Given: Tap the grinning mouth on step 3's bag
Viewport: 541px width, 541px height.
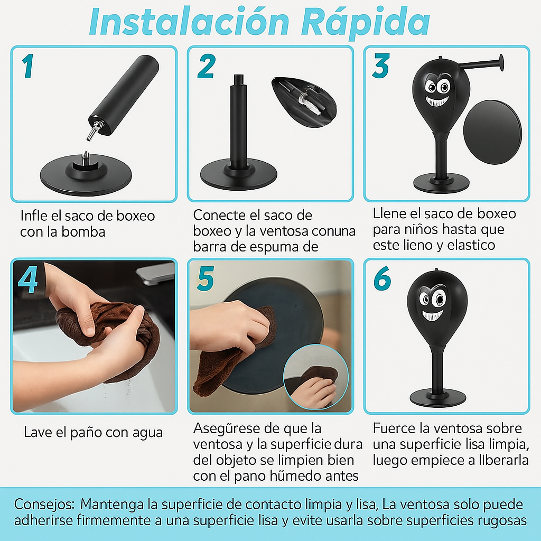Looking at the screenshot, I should [437, 101].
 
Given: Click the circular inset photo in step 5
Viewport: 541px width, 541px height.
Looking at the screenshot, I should [315, 376].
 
